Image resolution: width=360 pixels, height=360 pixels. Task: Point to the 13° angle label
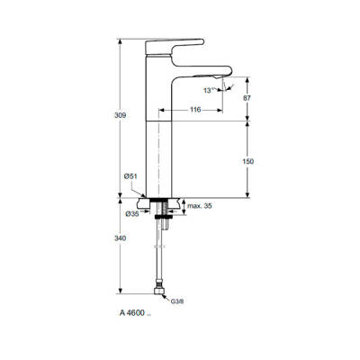[x=210, y=91]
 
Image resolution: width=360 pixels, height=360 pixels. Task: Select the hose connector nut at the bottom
[x=162, y=291]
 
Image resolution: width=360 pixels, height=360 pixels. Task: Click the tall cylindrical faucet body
[x=157, y=135]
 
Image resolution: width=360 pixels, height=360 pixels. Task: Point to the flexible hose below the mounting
[x=161, y=252]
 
